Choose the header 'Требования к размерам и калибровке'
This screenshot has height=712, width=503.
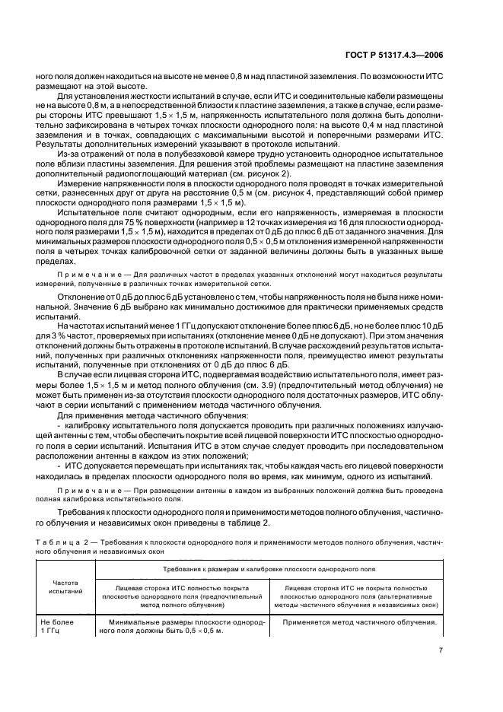(270, 569)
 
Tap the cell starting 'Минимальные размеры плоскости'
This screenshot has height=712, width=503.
(182, 626)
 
